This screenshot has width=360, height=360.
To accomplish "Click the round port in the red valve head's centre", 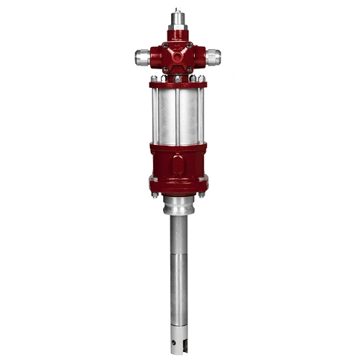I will click(178, 54).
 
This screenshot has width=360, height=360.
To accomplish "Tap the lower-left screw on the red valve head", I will click(165, 69).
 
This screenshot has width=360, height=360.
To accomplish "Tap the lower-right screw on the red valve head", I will click(191, 69).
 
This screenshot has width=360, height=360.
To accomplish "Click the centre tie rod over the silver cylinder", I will click(178, 115).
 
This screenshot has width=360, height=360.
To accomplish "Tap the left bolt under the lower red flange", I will click(154, 193).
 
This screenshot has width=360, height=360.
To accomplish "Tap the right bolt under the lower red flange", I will click(202, 193).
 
